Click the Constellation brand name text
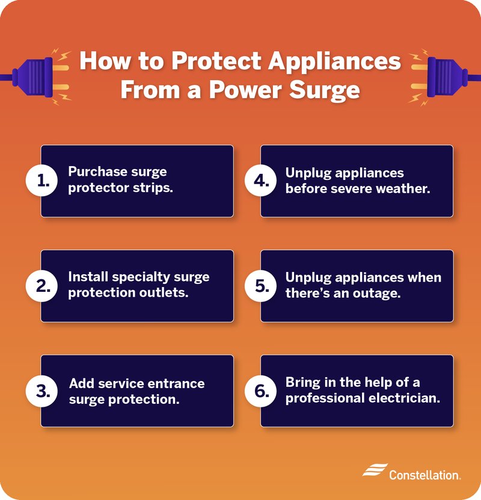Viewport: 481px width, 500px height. [x=424, y=475]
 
